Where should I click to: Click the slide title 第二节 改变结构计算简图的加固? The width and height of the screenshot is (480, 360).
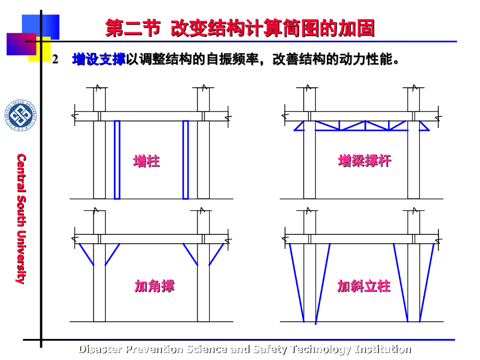click(x=240, y=28)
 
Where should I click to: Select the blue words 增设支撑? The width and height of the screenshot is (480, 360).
click(x=98, y=60)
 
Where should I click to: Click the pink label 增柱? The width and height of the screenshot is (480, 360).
click(x=146, y=161)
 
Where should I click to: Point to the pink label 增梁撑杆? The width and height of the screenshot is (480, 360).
click(x=364, y=161)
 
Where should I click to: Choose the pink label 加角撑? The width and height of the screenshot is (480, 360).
click(x=154, y=286)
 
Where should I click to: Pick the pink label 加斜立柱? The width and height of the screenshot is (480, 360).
click(x=364, y=286)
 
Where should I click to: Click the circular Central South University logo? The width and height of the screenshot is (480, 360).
click(x=20, y=115)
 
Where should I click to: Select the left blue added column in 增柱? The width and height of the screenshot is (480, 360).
click(x=117, y=159)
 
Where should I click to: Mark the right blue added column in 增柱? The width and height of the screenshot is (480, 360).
click(x=186, y=159)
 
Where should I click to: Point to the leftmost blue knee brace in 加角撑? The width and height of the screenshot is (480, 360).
click(x=86, y=254)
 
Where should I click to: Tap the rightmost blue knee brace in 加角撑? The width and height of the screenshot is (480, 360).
click(x=216, y=254)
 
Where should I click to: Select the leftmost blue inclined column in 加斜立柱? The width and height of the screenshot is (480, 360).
click(x=297, y=281)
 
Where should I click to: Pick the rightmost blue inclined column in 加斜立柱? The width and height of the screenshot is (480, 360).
click(x=427, y=281)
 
